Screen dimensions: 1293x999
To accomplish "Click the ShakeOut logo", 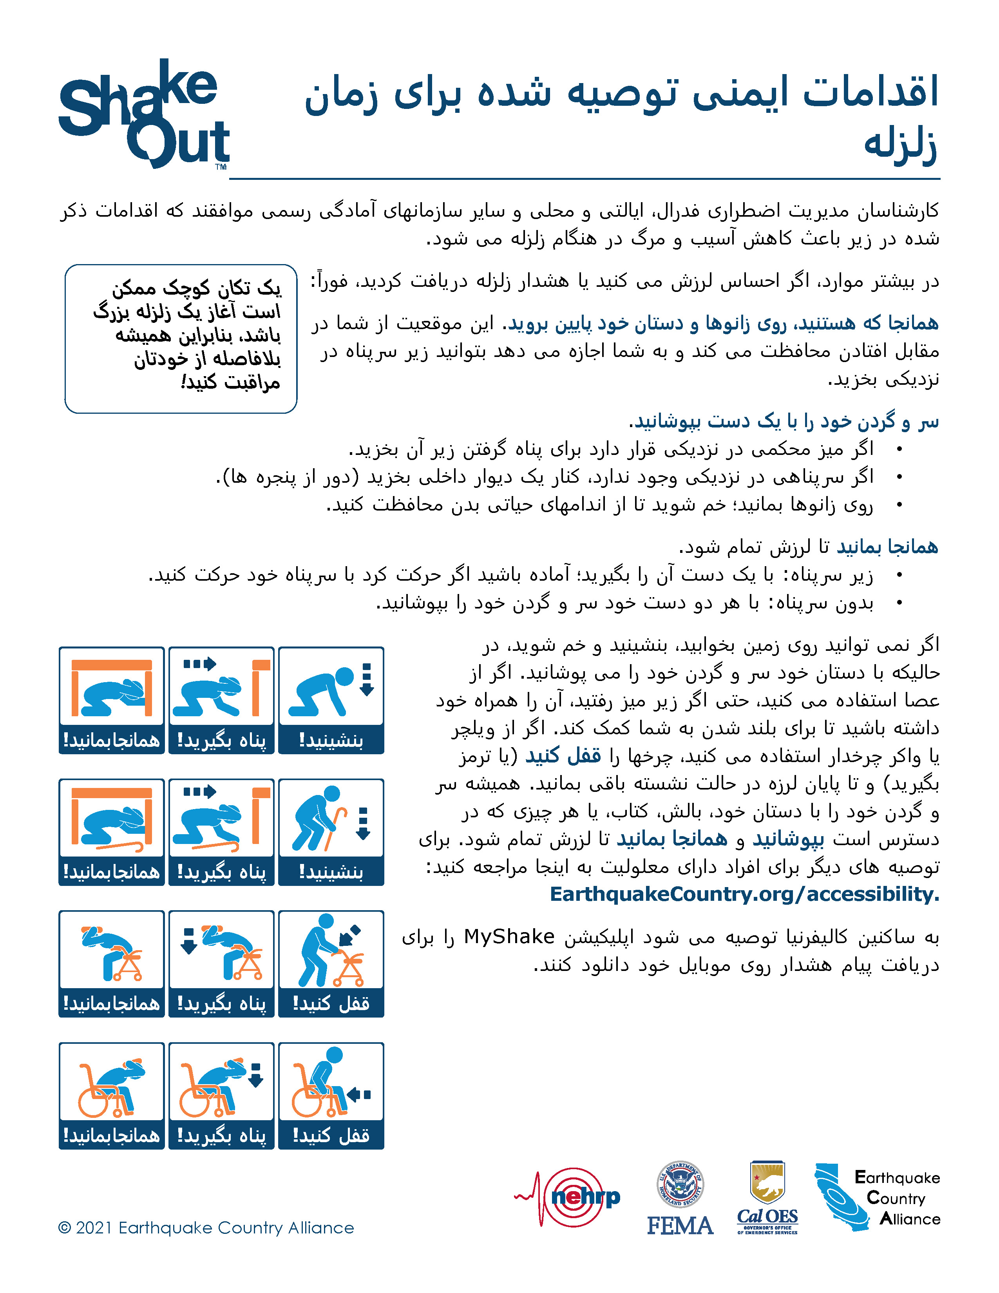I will pyautogui.click(x=144, y=115).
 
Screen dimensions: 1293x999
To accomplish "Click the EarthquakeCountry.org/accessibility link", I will pyautogui.click(x=744, y=894).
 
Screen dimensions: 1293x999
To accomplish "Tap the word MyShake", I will pyautogui.click(x=509, y=936).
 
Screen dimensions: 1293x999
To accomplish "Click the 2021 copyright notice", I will pyautogui.click(x=206, y=1228).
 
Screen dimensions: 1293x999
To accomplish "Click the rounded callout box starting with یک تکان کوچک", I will pyautogui.click(x=181, y=338).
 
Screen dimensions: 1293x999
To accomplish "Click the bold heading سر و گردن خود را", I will pyautogui.click(x=783, y=422).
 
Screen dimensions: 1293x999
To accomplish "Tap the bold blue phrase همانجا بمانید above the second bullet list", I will pyautogui.click(x=887, y=547).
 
